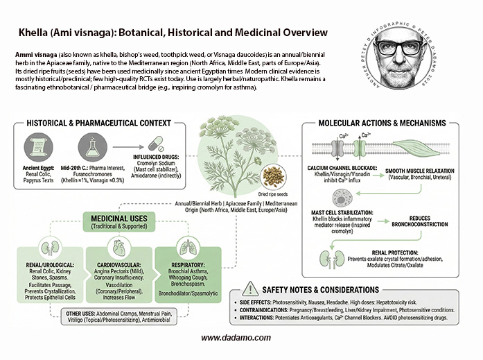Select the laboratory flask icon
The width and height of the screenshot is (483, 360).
[94, 144]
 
